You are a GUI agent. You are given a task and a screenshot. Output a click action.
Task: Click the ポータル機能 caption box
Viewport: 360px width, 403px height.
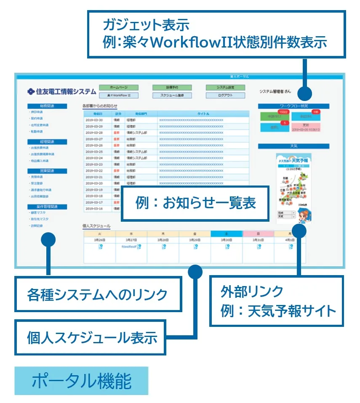point(81,381)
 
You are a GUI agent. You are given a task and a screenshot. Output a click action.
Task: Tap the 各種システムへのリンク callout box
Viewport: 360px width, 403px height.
point(98,294)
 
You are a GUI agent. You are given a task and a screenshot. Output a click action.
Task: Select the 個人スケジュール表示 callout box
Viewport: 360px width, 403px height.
point(90,337)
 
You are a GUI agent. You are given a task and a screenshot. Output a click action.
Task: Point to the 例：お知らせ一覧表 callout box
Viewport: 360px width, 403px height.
point(195,203)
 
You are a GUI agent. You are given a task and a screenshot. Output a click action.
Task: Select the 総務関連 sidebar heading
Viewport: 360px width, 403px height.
point(47,106)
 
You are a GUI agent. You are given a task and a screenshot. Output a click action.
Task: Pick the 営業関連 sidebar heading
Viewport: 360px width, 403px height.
point(47,171)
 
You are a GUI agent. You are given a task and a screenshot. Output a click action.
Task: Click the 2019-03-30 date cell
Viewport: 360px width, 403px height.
point(94,120)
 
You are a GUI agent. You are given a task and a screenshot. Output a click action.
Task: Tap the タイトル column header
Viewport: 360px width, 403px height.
point(203,114)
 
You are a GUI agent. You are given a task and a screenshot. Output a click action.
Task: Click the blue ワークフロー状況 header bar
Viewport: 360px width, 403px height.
point(293,106)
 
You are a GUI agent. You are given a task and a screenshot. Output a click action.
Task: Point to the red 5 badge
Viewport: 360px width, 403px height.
point(285,123)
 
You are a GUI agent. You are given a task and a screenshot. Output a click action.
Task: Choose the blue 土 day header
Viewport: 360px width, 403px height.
point(227,233)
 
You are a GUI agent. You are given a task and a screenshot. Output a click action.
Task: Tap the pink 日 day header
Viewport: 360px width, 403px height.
point(258,233)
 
